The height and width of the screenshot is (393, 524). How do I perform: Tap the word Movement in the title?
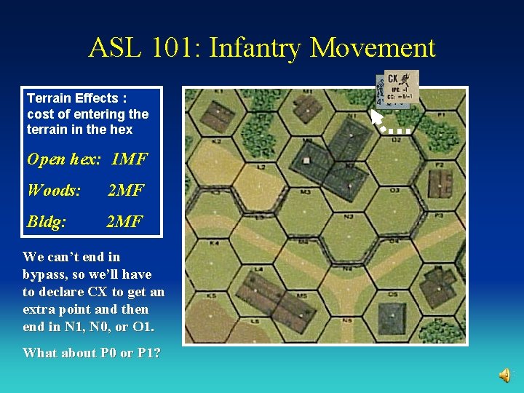tap(373, 49)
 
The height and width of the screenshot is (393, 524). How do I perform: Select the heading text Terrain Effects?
tap(71, 98)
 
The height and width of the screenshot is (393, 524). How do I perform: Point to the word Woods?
tap(53, 191)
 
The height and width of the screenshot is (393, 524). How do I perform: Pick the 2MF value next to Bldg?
tap(124, 221)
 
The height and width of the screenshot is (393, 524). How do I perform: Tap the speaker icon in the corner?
tap(504, 375)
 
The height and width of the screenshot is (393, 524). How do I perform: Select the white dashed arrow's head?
tap(376, 115)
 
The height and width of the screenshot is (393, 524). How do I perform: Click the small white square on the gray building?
tap(306, 160)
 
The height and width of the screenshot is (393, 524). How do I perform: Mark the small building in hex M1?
tap(309, 106)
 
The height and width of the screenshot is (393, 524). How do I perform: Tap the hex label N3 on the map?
tap(349, 216)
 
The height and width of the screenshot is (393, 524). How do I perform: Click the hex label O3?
tap(394, 190)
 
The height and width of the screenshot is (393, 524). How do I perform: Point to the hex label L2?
tap(261, 167)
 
